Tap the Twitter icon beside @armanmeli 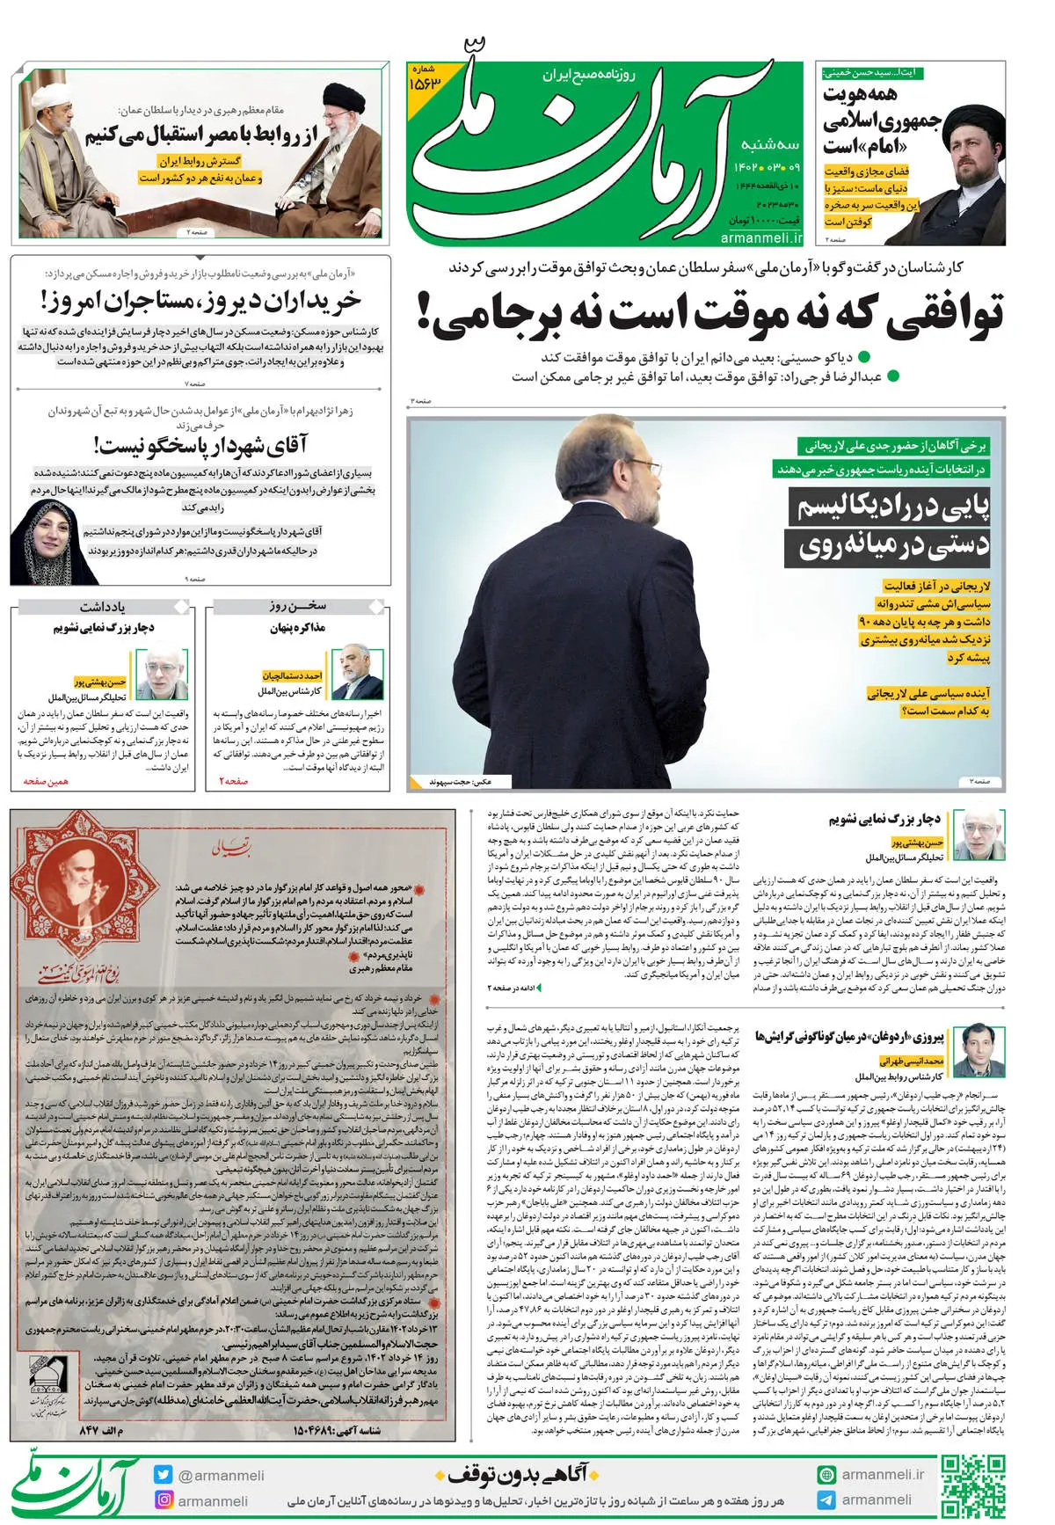tap(163, 1475)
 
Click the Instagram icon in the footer tap(163, 1500)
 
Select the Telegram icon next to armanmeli tap(826, 1500)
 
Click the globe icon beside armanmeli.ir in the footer tap(826, 1475)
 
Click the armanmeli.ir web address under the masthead tap(760, 237)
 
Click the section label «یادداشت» tap(103, 607)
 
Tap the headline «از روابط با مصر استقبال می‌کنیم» tap(200, 136)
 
